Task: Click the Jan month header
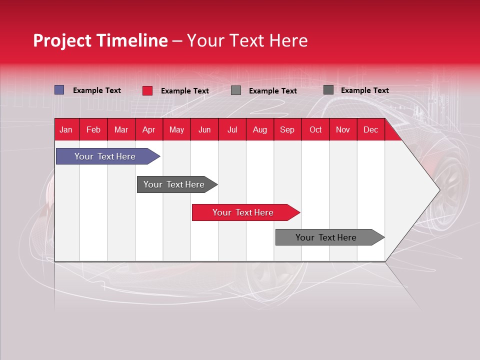tap(66, 130)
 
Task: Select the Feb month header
tap(93, 130)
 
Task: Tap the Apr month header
tap(148, 130)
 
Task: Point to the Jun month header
tap(204, 130)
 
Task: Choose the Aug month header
tap(259, 130)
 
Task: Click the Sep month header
tap(287, 130)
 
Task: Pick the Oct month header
tap(315, 130)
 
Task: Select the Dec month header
tap(370, 130)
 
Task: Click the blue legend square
tap(59, 90)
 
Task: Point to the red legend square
tap(147, 90)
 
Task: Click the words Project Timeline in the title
tap(100, 40)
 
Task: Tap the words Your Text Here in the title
tap(247, 40)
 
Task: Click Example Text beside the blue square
tap(97, 90)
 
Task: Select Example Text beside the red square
tap(185, 91)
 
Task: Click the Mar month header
tap(121, 130)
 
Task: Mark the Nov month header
tap(343, 130)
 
